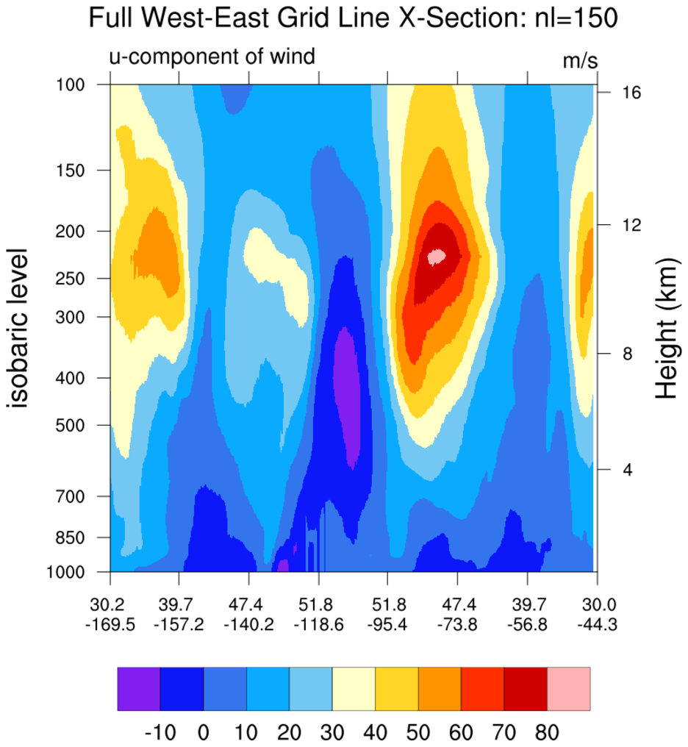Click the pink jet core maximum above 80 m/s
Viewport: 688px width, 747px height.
click(x=437, y=256)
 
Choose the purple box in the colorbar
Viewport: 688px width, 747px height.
click(x=139, y=689)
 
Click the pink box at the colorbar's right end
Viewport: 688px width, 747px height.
click(x=569, y=689)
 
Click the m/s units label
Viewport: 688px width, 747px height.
click(x=580, y=60)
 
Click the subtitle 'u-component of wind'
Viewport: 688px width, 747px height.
click(x=212, y=55)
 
